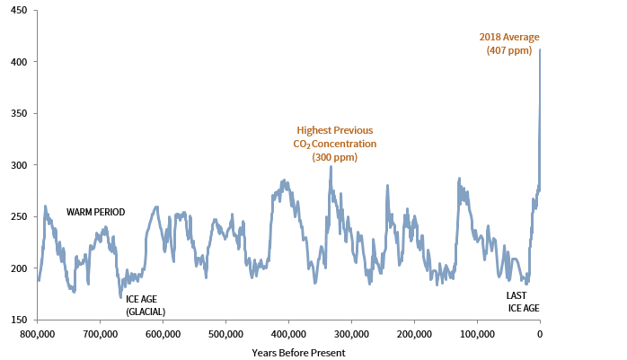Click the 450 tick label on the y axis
tap(18, 10)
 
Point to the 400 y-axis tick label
tap(18, 61)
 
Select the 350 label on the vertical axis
tap(18, 113)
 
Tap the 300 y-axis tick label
tap(18, 165)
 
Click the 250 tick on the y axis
tap(18, 216)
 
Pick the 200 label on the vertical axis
tap(18, 268)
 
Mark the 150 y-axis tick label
tap(18, 320)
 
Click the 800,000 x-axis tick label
tap(37, 334)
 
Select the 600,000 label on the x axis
tap(163, 334)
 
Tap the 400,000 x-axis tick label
tap(288, 334)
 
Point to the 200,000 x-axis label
tap(414, 334)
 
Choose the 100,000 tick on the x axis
tap(477, 334)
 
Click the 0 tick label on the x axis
tap(540, 334)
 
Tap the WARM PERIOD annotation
tap(95, 213)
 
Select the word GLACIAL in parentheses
tap(145, 312)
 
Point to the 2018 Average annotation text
tap(508, 37)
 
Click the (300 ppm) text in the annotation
tap(334, 157)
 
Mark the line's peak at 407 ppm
tap(540, 50)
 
